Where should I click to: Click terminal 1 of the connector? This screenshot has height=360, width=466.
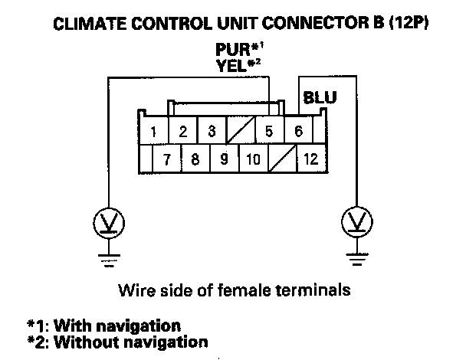(154, 131)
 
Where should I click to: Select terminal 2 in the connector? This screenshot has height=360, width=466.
(183, 131)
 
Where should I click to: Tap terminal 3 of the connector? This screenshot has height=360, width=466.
(212, 131)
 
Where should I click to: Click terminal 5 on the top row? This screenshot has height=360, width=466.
(269, 131)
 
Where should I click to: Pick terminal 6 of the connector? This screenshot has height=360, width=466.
(298, 131)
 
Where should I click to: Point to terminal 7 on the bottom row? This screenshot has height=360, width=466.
(166, 160)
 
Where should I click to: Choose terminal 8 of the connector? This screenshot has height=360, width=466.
(195, 160)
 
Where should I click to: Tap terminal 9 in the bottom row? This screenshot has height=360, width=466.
(224, 160)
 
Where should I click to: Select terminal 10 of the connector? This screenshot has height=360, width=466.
(254, 160)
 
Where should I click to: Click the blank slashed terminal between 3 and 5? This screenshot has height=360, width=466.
(241, 131)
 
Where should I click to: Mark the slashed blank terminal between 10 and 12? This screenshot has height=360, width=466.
(282, 160)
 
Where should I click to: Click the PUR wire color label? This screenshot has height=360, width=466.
(232, 51)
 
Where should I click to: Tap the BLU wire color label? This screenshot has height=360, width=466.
(319, 99)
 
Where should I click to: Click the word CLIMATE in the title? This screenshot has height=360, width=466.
(87, 24)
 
